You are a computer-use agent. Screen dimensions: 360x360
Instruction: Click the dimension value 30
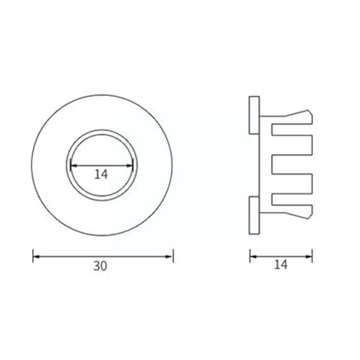pyautogui.click(x=100, y=266)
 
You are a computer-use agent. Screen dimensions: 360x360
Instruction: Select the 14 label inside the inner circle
pyautogui.click(x=101, y=174)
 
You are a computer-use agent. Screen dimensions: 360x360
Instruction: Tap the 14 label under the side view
pyautogui.click(x=281, y=265)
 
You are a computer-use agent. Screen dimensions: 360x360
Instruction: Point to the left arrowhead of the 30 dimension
pyautogui.click(x=36, y=256)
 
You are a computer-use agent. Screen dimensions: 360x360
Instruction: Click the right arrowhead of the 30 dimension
pyautogui.click(x=170, y=256)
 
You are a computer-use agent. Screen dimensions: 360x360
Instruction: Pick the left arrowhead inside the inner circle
pyautogui.click(x=73, y=165)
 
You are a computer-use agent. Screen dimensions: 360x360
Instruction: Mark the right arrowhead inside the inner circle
pyautogui.click(x=130, y=165)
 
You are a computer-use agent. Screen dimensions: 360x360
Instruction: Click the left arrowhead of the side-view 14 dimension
pyautogui.click(x=253, y=256)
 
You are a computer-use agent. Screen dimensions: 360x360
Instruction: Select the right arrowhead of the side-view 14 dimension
pyautogui.click(x=309, y=256)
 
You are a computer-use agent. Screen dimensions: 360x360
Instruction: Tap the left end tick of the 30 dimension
pyautogui.click(x=33, y=256)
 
